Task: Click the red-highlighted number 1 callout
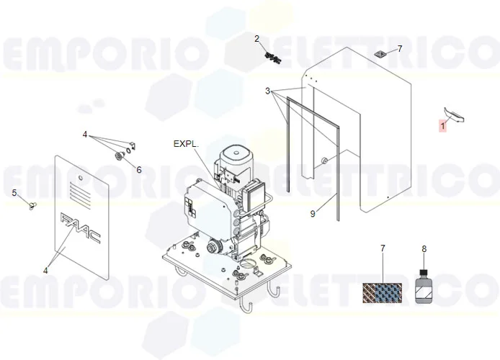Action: coord(443,125)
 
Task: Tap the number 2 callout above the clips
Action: coord(256,38)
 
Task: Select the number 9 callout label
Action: coord(313,213)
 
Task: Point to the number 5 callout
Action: coord(14,192)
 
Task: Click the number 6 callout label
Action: coord(139,170)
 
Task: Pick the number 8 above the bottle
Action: coord(424,249)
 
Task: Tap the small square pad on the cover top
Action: coord(380,53)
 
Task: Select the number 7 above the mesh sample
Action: coord(383,249)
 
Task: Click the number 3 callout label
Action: coord(267,91)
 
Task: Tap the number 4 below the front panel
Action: coord(45,271)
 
